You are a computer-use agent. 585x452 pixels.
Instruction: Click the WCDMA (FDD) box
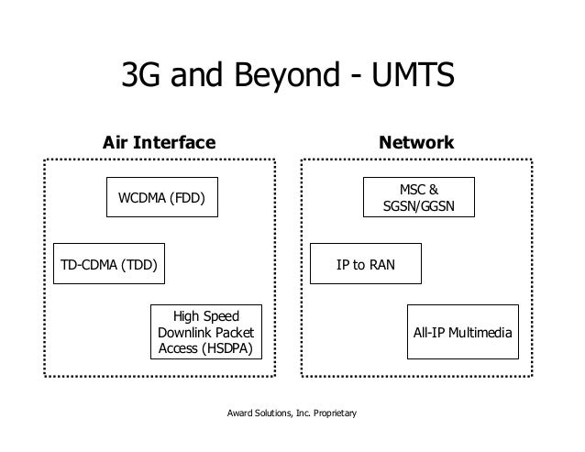tap(162, 197)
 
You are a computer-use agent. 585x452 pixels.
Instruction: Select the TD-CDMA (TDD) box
tap(108, 266)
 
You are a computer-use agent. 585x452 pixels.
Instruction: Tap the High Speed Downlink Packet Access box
tap(205, 331)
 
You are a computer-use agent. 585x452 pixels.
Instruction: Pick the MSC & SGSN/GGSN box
tap(418, 198)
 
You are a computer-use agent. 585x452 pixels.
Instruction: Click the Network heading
tap(417, 143)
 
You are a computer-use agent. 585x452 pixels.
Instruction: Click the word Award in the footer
tap(240, 415)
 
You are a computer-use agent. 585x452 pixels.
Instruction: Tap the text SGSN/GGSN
tap(418, 207)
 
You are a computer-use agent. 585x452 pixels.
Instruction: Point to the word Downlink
tap(189, 331)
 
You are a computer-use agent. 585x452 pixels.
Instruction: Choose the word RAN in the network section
tap(381, 266)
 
